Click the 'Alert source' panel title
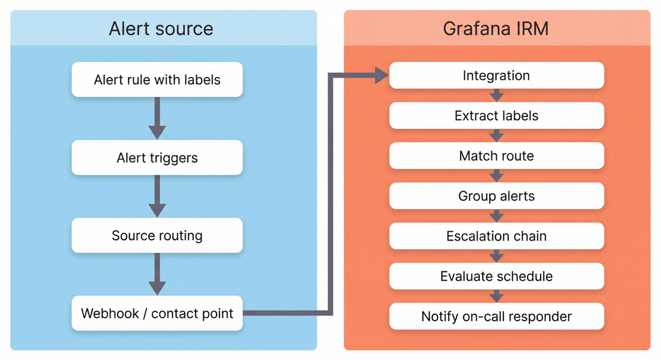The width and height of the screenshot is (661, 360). (x=161, y=29)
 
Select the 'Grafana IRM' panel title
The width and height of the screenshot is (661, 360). (x=496, y=29)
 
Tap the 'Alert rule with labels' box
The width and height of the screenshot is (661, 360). (x=157, y=80)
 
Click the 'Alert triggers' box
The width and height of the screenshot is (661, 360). (x=157, y=158)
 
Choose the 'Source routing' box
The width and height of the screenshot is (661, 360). (x=157, y=236)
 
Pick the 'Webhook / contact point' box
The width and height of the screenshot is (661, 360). (x=157, y=314)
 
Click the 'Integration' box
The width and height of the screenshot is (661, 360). (x=496, y=75)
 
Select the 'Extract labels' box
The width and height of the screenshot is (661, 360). (x=496, y=116)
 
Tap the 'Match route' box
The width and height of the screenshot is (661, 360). (x=496, y=156)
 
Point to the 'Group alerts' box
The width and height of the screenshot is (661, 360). (x=496, y=196)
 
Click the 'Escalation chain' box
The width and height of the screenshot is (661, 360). (x=496, y=236)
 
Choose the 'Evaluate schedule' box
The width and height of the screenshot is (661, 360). (x=496, y=276)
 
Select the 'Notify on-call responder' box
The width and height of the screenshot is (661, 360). (x=496, y=317)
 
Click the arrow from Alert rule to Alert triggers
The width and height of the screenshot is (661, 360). (x=157, y=118)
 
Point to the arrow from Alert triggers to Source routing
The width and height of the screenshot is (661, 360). (x=157, y=196)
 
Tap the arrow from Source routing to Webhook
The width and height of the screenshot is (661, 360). (x=157, y=274)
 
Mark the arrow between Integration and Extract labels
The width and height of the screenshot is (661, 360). (x=496, y=95)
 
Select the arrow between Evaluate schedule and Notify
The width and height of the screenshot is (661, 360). (x=496, y=296)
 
